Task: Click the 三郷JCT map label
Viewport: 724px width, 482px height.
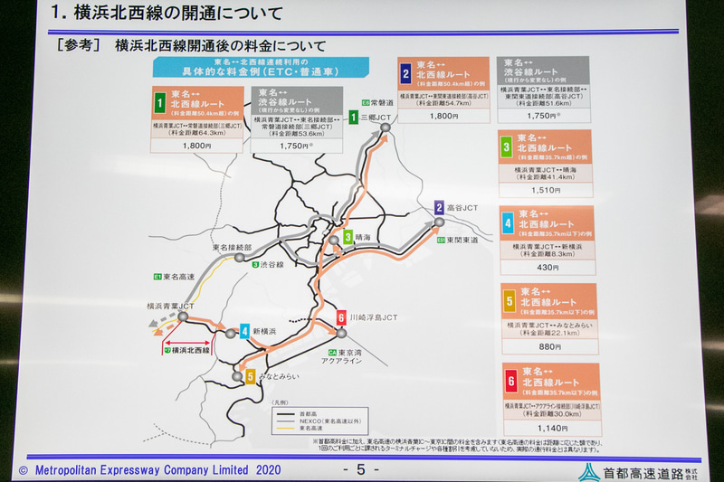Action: coord(376,118)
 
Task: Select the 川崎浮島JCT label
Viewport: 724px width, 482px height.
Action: coord(373,317)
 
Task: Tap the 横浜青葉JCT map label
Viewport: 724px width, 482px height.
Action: coord(172,307)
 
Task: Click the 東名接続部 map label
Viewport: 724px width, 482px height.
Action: coord(232,247)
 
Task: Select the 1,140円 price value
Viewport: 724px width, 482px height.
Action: coord(550,428)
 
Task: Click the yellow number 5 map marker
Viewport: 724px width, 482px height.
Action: coord(250,375)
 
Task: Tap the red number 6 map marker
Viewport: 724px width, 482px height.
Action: coord(341,317)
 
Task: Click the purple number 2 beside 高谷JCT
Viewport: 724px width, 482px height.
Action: coord(439,207)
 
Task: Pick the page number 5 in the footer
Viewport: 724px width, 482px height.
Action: coord(360,469)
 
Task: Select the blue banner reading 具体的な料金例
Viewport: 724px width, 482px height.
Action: coord(262,68)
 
